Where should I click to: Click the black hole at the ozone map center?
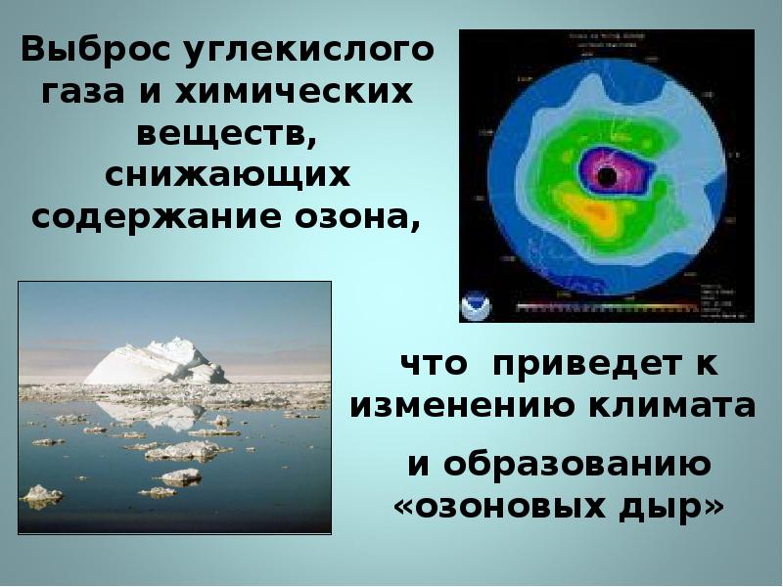(607, 176)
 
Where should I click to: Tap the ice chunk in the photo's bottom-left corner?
(41, 496)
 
